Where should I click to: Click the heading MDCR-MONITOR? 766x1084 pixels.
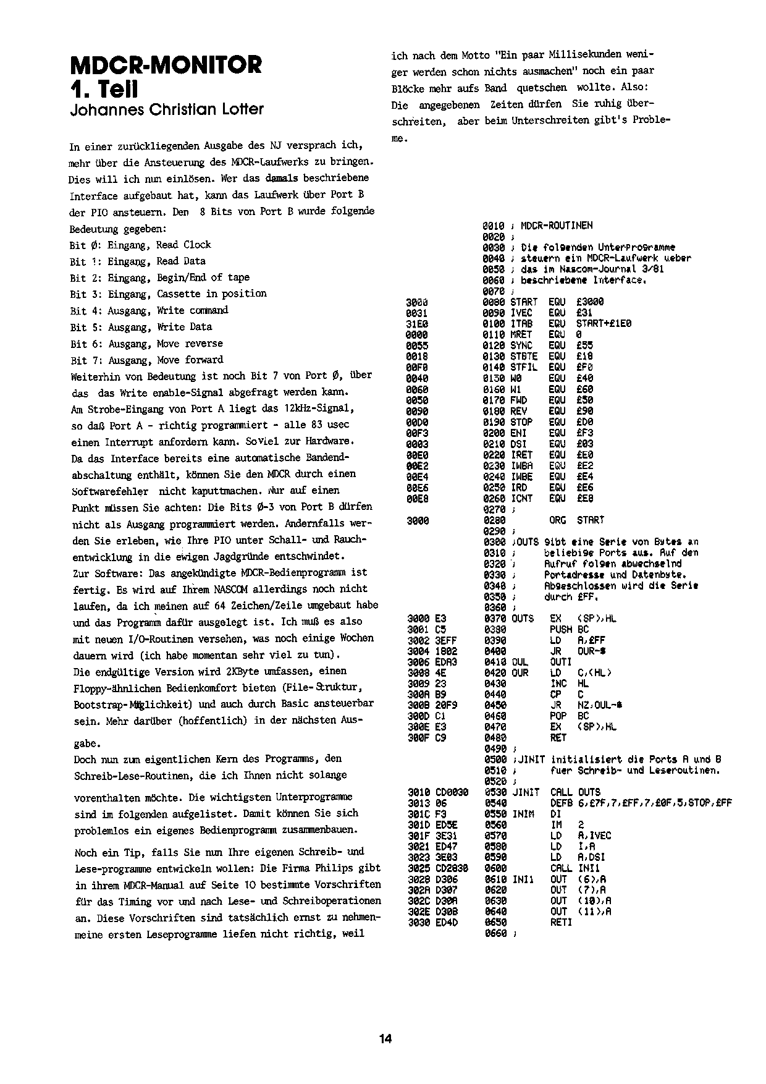point(166,64)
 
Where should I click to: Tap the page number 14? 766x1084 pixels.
point(385,1038)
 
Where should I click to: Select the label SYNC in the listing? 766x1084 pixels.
point(521,345)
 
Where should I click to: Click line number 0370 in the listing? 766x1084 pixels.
point(494,618)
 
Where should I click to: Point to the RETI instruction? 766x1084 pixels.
point(561,922)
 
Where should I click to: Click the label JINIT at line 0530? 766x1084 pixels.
point(526,792)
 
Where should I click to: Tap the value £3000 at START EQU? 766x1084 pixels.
point(590,302)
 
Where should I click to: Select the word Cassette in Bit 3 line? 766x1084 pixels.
point(179,294)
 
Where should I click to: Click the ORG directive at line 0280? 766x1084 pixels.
point(558,520)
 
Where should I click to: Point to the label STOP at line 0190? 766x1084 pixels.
point(521,422)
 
